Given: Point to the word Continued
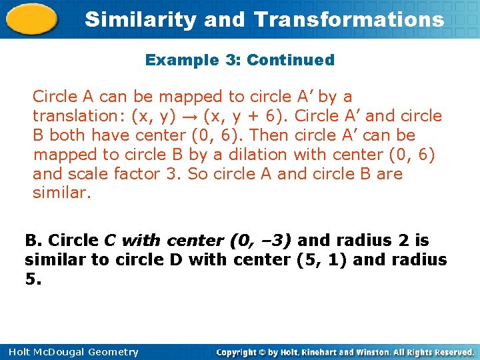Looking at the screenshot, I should (291, 60).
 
